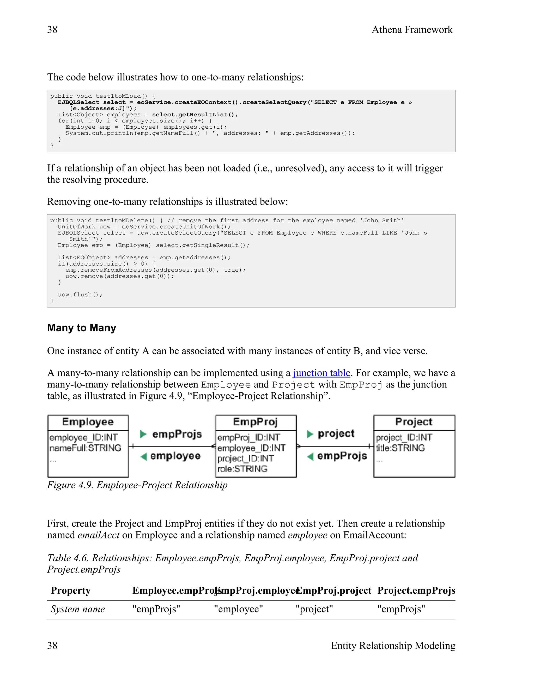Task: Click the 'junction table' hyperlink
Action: click(321, 373)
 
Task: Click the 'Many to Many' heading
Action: click(82, 328)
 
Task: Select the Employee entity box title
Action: click(88, 422)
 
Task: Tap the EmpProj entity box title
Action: click(255, 422)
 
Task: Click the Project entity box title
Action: click(414, 422)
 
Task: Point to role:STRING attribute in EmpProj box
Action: click(242, 469)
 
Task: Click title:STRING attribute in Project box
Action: click(400, 448)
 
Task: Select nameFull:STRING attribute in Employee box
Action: click(86, 448)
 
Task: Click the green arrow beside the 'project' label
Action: click(310, 434)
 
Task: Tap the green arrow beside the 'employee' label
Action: click(144, 456)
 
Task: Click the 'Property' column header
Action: click(71, 591)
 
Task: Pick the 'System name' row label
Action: click(78, 609)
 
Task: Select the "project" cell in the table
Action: click(314, 609)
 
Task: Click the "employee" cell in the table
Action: click(238, 609)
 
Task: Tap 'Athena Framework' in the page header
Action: click(412, 30)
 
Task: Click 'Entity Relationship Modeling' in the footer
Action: click(393, 645)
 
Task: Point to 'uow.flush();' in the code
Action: click(80, 295)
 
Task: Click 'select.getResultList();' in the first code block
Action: click(195, 115)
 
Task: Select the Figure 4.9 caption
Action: click(137, 485)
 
